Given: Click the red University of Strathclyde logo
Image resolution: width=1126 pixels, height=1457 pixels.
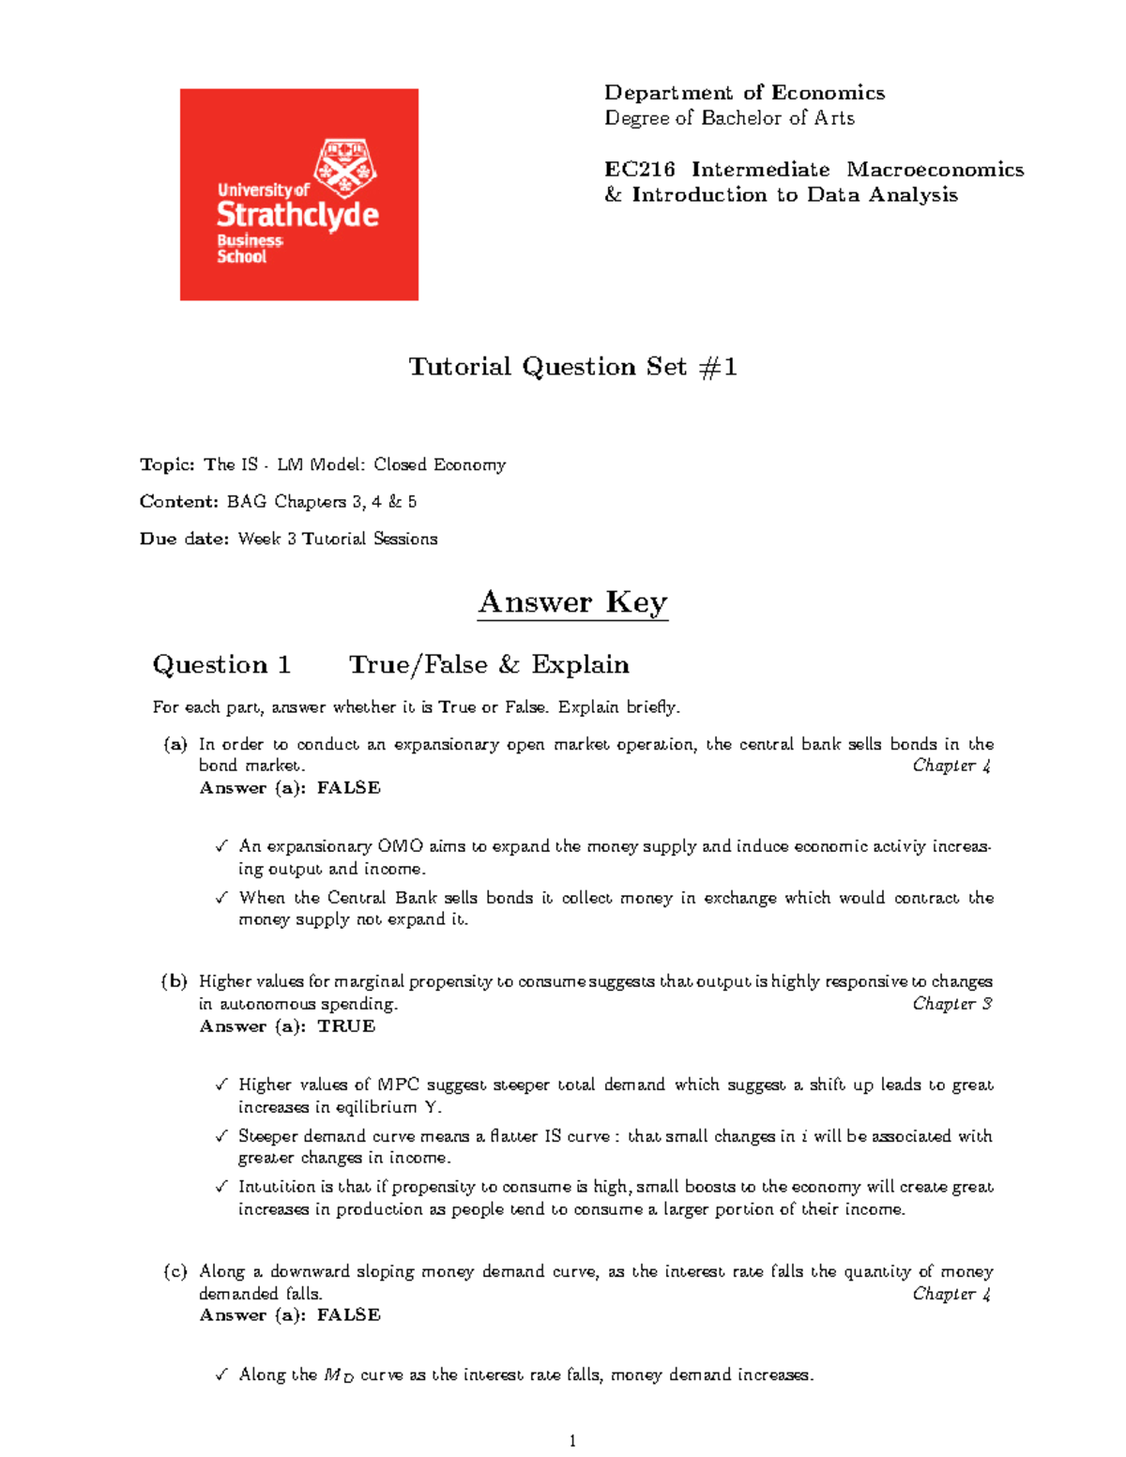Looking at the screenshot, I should (x=298, y=194).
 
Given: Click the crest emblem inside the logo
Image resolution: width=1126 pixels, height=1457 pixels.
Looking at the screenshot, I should (x=345, y=166).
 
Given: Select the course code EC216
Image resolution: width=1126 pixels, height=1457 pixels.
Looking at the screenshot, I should (x=639, y=170).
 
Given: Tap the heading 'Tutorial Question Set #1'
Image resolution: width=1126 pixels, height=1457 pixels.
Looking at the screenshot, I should (x=572, y=366).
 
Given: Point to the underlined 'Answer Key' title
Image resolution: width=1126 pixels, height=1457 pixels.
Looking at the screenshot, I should (x=572, y=601).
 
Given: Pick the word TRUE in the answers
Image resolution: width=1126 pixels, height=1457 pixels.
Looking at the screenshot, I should (x=346, y=1026).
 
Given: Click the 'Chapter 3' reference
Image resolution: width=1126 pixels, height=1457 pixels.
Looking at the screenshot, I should (x=951, y=1004).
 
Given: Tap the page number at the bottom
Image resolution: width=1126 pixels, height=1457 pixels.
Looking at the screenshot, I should (x=572, y=1441).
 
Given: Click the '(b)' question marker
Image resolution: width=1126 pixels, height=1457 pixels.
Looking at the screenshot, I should (x=175, y=981).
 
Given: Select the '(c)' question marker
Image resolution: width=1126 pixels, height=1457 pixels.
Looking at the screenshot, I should (x=175, y=1271).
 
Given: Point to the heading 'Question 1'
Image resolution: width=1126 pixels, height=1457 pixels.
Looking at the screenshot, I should (x=221, y=664).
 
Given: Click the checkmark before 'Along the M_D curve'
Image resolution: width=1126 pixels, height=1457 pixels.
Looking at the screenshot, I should (x=221, y=1374).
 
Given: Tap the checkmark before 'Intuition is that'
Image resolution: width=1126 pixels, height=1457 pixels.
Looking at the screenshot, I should (x=221, y=1187).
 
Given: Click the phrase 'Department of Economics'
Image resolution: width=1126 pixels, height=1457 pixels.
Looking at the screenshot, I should (x=744, y=92).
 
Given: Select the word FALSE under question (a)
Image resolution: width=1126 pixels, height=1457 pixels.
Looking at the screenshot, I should (x=349, y=788).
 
